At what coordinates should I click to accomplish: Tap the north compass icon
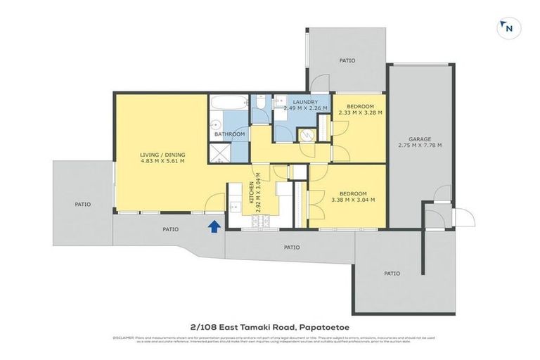[506, 28]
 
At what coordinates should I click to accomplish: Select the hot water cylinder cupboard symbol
[306, 135]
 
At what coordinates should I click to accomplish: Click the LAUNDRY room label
[305, 102]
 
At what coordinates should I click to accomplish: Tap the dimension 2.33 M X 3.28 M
[360, 112]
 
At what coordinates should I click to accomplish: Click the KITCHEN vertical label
[251, 193]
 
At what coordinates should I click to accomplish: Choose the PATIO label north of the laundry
[347, 61]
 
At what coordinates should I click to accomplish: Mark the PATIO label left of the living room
[82, 205]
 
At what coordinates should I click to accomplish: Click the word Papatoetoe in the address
[326, 326]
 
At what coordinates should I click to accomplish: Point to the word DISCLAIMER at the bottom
[124, 338]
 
